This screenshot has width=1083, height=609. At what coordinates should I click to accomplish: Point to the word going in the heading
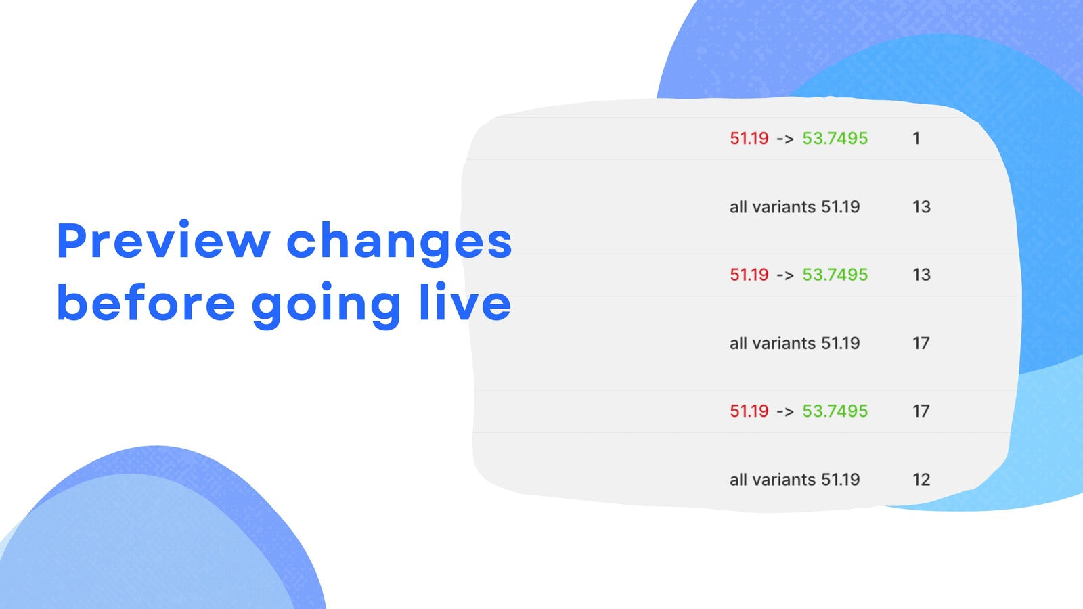tap(326, 305)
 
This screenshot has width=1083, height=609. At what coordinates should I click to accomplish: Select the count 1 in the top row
tap(916, 139)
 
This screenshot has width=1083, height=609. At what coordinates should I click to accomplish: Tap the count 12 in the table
tap(921, 480)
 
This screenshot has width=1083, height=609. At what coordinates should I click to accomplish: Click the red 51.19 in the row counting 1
tap(749, 139)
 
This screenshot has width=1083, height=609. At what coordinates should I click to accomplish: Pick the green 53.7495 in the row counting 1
tap(835, 139)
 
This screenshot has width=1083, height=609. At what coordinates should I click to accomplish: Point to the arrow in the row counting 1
tap(785, 139)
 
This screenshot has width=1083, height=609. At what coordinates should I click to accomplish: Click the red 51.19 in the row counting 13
tap(749, 275)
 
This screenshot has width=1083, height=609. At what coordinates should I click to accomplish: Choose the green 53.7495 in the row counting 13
tap(835, 275)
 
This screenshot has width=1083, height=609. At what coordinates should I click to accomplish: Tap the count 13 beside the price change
tap(921, 275)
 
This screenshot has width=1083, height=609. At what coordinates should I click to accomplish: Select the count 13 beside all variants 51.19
tap(921, 207)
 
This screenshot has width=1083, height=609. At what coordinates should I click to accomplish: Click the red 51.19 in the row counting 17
tap(749, 411)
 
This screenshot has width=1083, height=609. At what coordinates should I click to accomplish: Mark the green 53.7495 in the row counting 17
tap(835, 411)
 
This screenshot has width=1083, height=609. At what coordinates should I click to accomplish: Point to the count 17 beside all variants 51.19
tap(921, 344)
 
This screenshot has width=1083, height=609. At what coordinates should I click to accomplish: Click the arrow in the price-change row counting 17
tap(785, 412)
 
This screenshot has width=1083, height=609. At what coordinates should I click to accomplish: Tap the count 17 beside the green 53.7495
tap(921, 411)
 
